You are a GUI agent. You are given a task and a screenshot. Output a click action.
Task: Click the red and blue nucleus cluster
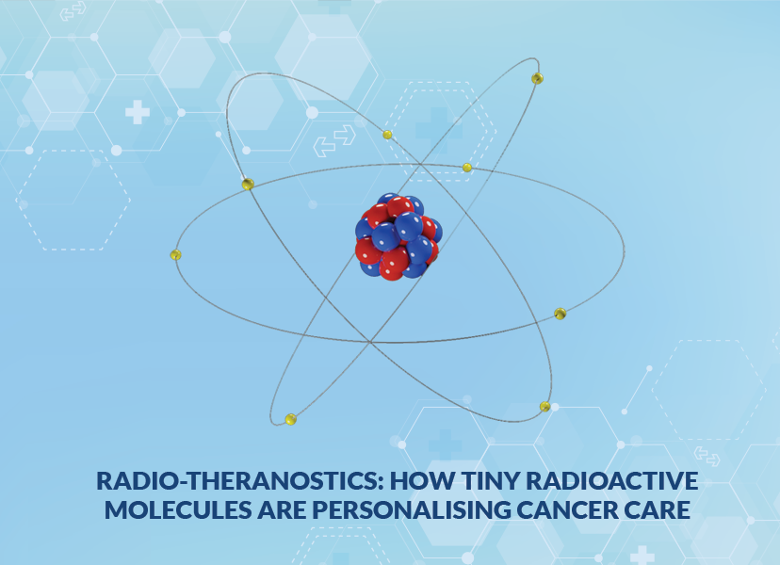coord(398,236)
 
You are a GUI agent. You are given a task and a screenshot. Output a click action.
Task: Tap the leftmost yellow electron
coord(175,255)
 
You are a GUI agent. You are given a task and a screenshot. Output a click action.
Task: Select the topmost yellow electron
coord(537,78)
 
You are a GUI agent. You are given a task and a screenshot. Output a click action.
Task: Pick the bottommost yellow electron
coord(291,419)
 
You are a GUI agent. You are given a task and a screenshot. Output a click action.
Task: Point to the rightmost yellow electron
coord(561,314)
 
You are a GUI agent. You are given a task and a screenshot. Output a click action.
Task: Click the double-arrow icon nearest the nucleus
coord(334,140)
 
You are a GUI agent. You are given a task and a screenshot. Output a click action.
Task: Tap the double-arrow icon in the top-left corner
coord(73,11)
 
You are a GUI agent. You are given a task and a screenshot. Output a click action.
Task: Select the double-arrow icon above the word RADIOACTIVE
coord(707,456)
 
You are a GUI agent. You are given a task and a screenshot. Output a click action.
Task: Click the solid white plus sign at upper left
coord(138,112)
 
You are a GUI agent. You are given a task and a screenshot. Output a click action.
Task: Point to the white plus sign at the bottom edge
coord(642,555)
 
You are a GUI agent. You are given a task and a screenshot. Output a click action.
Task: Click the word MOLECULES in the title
coord(178,509)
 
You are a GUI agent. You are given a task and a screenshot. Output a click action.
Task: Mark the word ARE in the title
coord(281,509)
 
